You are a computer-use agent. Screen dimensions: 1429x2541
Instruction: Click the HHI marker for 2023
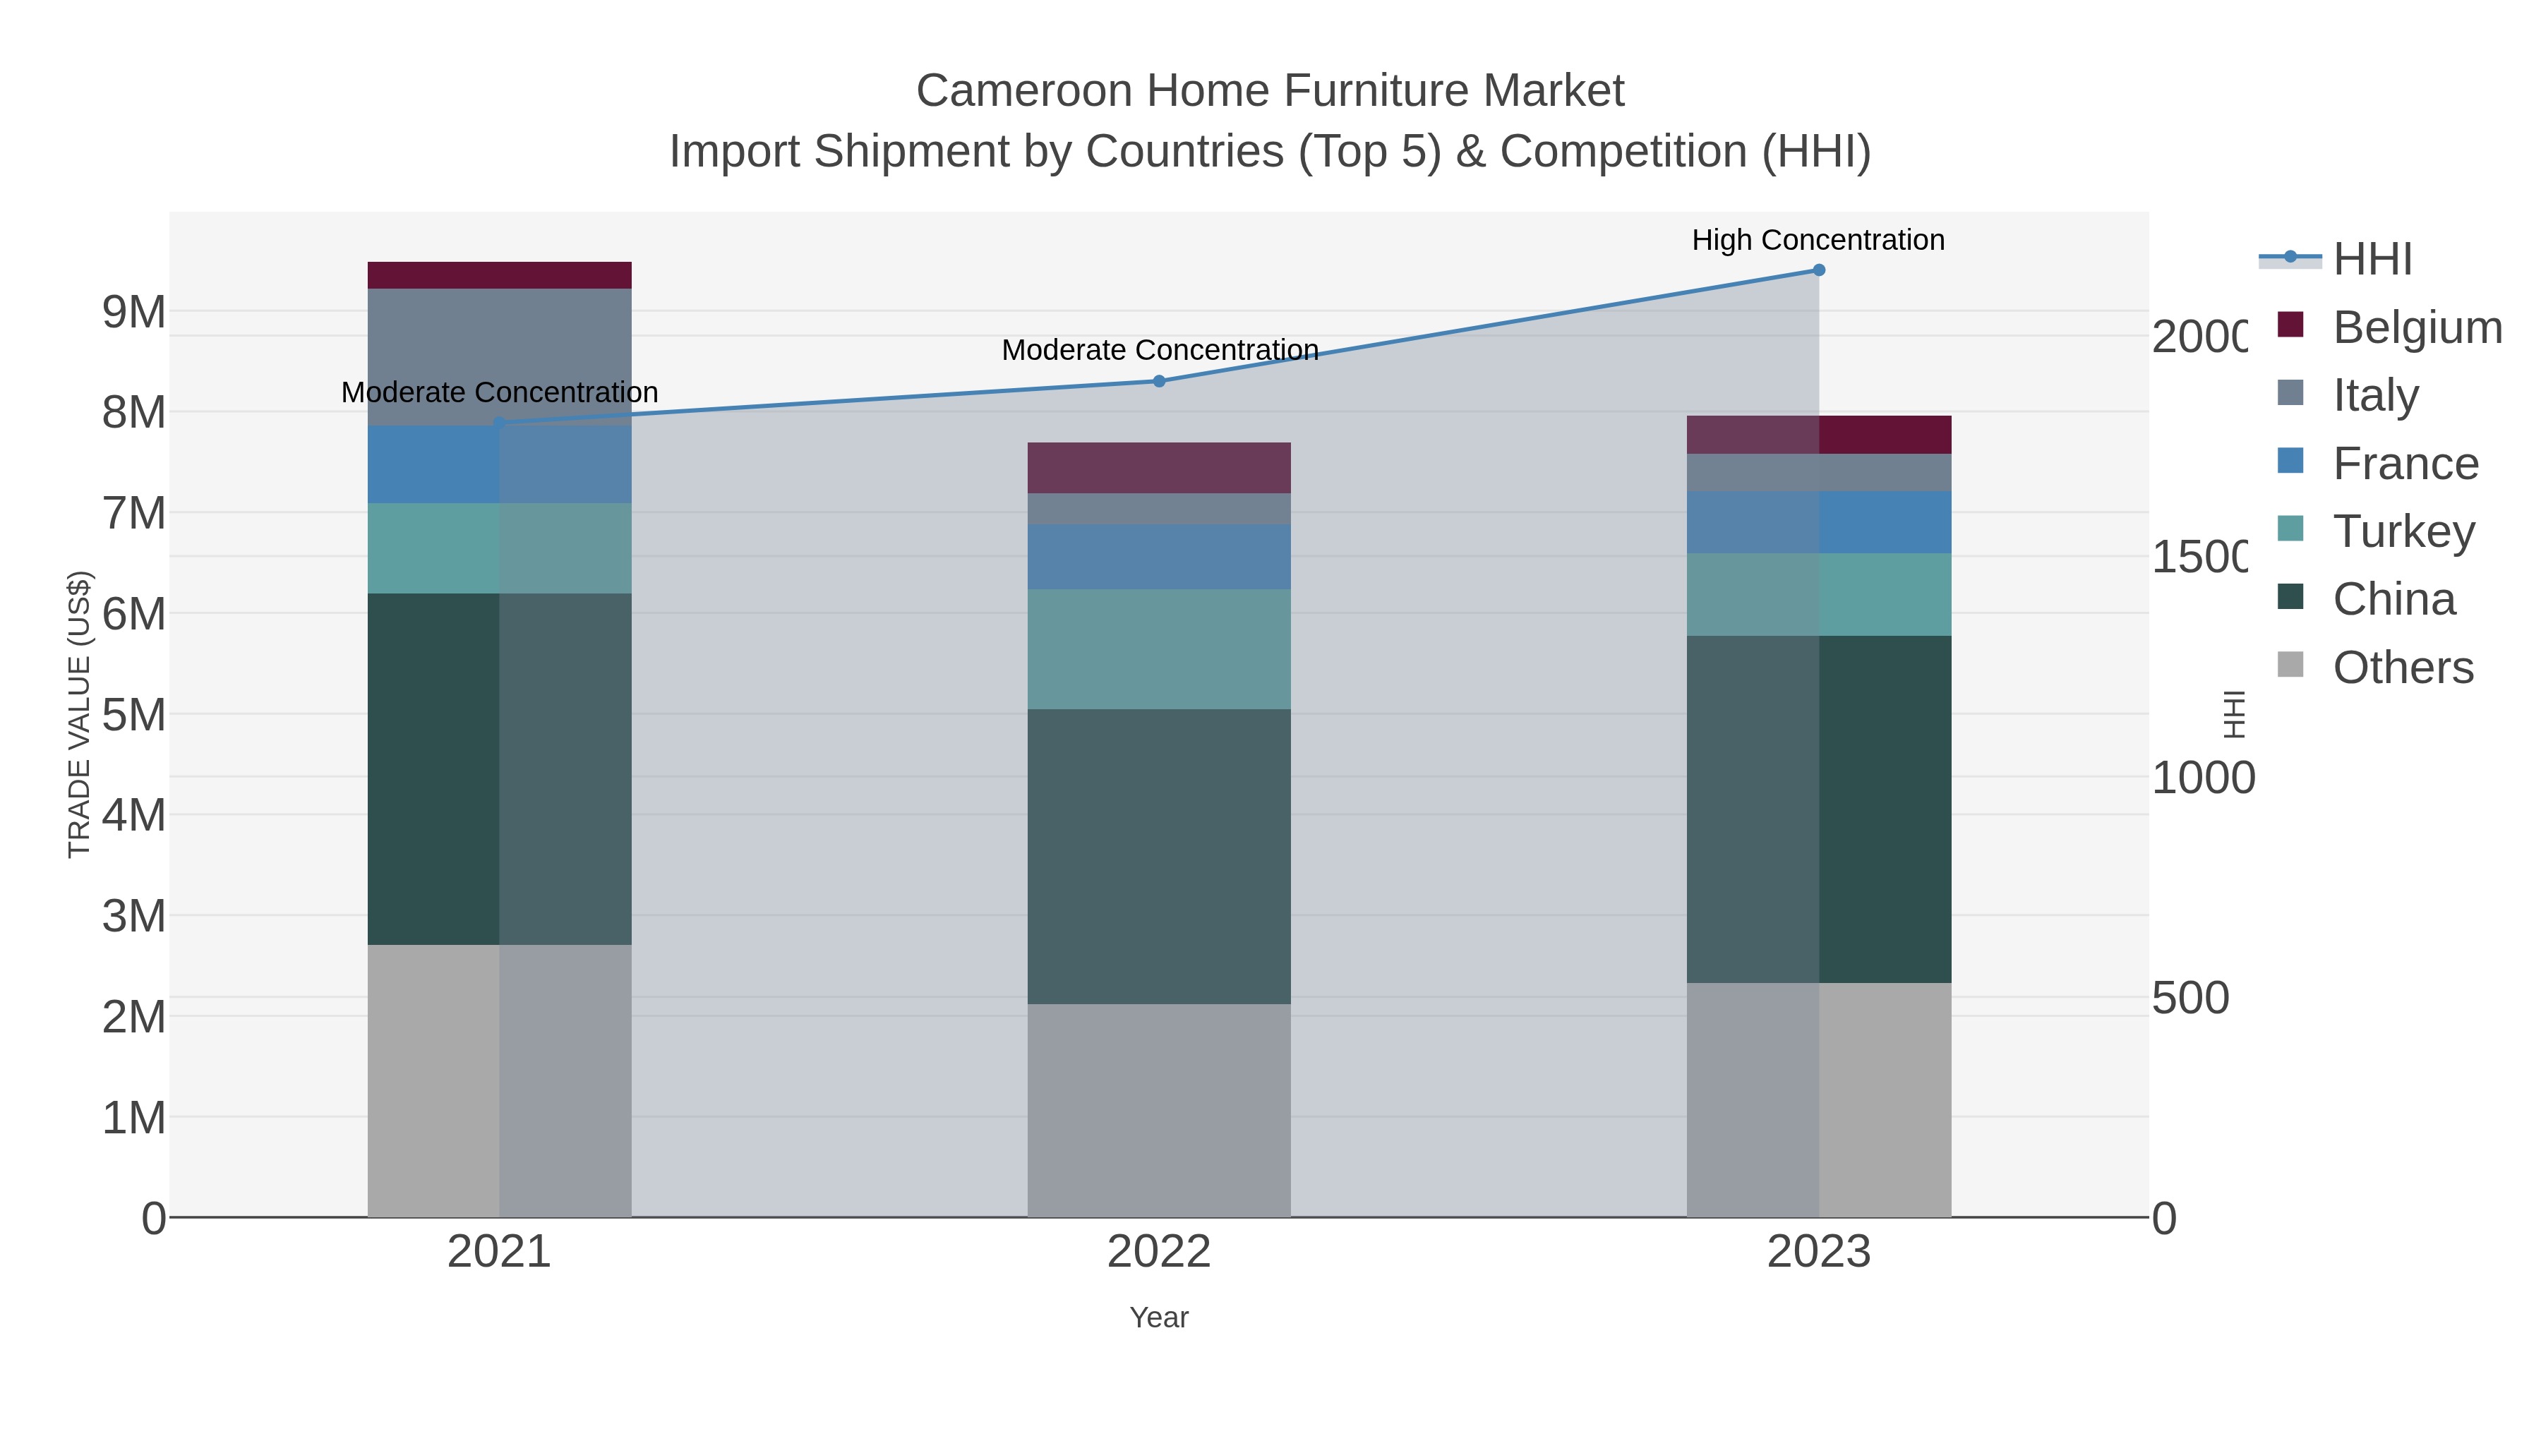1818,270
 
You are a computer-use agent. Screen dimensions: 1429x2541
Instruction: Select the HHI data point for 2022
1159,382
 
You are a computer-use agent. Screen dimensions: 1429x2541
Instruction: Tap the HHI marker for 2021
499,423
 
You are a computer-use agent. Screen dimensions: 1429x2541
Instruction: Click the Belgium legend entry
2417,327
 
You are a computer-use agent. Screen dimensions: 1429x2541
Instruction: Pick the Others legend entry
2402,668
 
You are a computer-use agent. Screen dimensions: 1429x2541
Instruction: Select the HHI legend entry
2372,260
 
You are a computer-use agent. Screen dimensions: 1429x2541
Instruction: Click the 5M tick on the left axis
134,715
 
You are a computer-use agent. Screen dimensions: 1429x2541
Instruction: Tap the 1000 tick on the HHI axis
2201,778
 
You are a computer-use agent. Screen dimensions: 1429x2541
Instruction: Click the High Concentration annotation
1818,241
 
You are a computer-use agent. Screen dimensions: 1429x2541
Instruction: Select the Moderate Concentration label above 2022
1160,350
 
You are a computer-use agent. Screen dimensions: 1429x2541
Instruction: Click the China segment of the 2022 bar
1159,856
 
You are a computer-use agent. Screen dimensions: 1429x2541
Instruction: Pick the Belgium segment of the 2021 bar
499,275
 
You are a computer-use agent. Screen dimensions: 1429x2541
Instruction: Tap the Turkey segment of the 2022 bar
1159,649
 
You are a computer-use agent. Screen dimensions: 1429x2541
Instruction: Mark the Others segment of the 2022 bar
1159,1111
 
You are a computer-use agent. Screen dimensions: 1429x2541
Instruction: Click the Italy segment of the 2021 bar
499,356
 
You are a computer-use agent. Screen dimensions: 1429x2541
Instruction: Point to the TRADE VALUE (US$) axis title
79,714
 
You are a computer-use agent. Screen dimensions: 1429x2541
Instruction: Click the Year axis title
1159,1318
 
